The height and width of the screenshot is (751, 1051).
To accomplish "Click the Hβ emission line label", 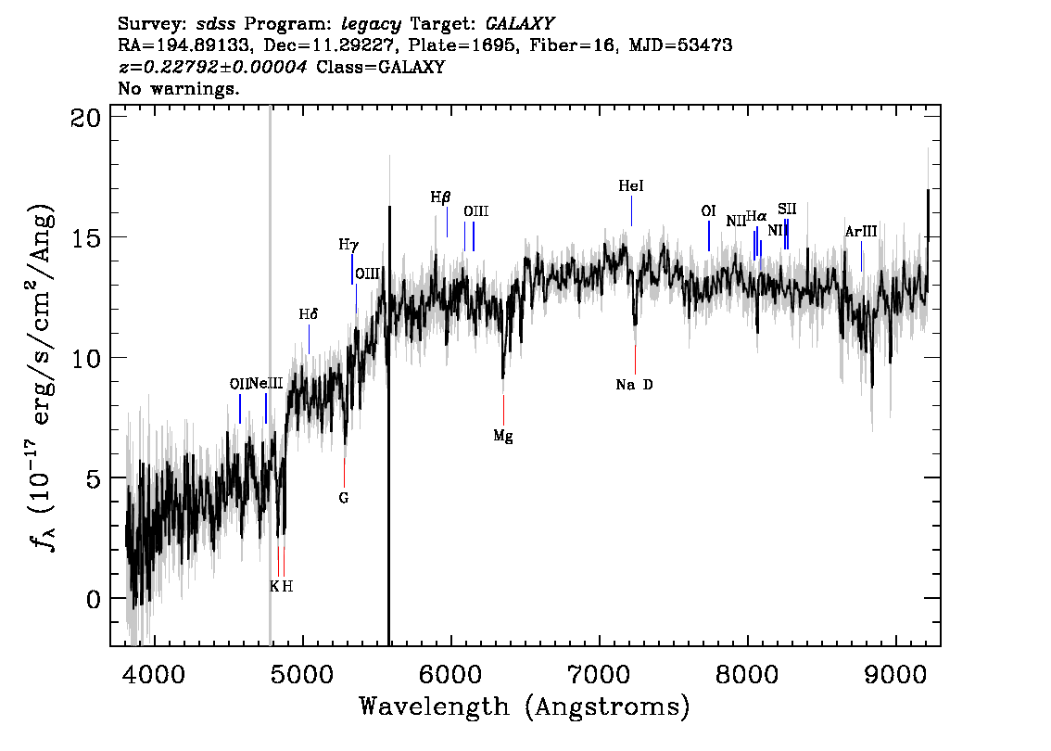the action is coord(440,197).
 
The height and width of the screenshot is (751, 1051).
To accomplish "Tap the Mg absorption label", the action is coord(503,436).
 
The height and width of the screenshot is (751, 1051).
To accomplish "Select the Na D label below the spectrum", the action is coord(634,384).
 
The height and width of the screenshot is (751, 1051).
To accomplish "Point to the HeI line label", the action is coord(631,185).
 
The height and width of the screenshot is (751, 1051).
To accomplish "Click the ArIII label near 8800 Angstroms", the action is coord(861,232).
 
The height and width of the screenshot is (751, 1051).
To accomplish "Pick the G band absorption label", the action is coord(344,498).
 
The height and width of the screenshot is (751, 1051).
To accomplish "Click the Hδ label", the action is coord(309,313).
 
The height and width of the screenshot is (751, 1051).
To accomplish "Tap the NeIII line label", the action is coord(266,384).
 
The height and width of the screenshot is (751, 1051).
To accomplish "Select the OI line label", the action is coord(708,211).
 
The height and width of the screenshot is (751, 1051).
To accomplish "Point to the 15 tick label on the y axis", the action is coord(86,237).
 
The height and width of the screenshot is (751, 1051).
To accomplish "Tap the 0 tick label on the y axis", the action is coord(94,599).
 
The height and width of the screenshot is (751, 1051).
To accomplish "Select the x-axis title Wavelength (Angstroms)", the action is coord(525,706).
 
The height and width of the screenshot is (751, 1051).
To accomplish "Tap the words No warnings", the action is coord(178,88).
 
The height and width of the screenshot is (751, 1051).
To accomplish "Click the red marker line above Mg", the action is coord(503,410).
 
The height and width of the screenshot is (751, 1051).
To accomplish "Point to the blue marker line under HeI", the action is coord(631,210).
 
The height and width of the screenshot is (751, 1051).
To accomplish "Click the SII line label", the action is coord(787,210).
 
